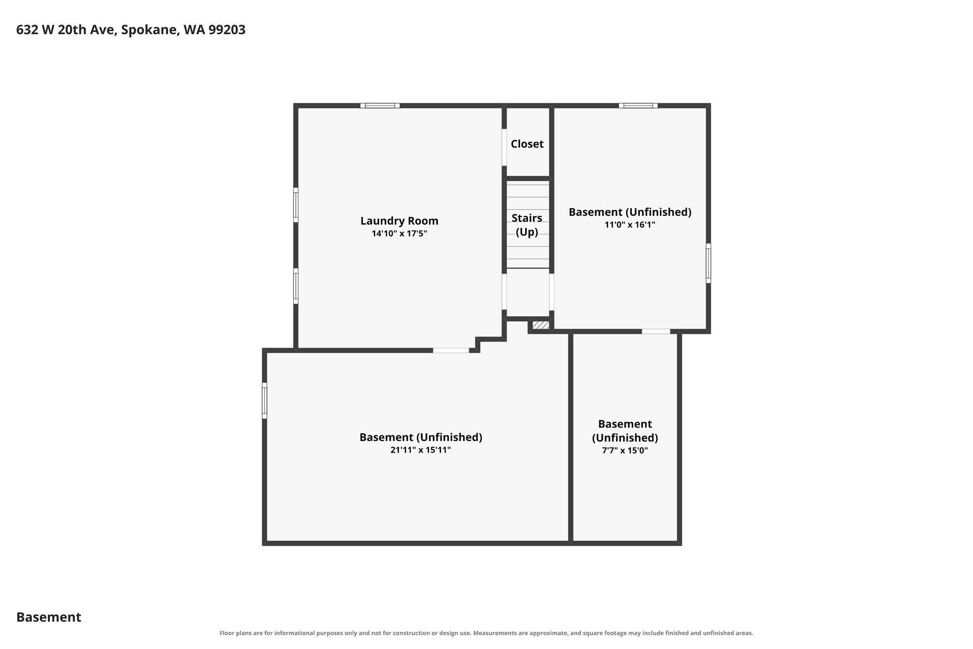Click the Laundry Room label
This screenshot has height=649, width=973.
coord(399,221)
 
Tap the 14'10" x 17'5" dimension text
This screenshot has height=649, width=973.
coord(399,233)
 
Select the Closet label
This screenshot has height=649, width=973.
coord(527,144)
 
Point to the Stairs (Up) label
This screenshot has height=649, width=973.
coord(527,225)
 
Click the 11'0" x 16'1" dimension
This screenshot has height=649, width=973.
coord(630,224)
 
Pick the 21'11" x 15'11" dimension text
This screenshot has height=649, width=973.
coord(420,450)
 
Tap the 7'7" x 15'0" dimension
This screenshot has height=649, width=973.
coord(625,450)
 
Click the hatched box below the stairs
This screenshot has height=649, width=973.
coord(541,325)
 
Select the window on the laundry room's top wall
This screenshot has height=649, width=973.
coord(380,106)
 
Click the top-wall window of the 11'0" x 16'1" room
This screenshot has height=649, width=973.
coord(638,106)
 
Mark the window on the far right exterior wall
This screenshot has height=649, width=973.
coord(708,263)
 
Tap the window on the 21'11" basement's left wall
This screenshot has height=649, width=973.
coord(265,401)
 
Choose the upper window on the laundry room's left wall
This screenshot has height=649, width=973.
coord(296,205)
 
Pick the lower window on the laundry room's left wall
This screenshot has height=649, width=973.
coord(296,286)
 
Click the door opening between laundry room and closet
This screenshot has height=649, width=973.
coord(504,147)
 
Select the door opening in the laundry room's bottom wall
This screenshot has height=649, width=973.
coord(451,350)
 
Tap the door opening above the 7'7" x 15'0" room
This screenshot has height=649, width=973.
coord(656,331)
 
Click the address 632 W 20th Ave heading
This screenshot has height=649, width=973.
coord(131,30)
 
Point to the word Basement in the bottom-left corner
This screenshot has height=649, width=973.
coord(49,617)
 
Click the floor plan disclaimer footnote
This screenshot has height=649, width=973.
coord(486,633)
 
